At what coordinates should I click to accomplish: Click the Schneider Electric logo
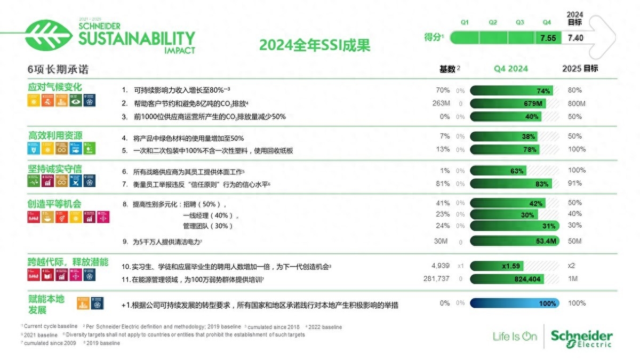click(x=581, y=338)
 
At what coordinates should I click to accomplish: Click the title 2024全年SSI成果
click(x=315, y=45)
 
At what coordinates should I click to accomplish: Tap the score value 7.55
click(x=548, y=38)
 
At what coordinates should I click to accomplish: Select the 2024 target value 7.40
click(x=575, y=38)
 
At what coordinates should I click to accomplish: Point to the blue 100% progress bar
click(x=514, y=303)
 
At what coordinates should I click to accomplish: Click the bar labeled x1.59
click(x=497, y=266)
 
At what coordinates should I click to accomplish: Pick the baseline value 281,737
click(x=435, y=279)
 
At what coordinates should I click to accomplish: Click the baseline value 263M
click(x=441, y=103)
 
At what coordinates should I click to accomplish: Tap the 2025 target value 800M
click(x=577, y=103)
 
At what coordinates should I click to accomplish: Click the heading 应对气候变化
click(x=55, y=87)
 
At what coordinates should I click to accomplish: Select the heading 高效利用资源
click(x=55, y=135)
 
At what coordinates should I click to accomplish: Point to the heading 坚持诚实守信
click(x=55, y=169)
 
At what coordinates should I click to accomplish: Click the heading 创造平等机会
click(x=55, y=204)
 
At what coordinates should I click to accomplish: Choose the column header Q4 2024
click(x=510, y=69)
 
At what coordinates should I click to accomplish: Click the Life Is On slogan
click(x=515, y=336)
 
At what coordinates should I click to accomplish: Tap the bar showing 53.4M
click(x=514, y=242)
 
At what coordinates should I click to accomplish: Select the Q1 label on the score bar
click(x=465, y=22)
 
